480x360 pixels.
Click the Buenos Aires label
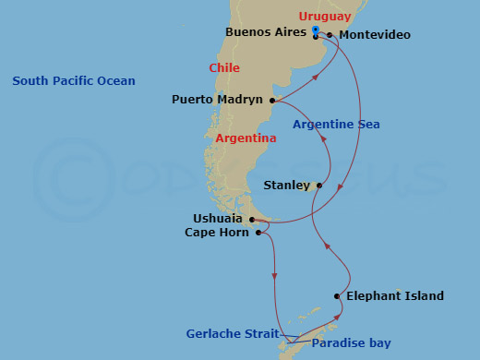click(x=267, y=32)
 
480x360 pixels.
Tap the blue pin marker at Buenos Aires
click(x=316, y=32)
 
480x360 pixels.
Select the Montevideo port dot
click(x=330, y=36)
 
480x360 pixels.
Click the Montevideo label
click(x=375, y=36)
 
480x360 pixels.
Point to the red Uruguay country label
click(x=325, y=17)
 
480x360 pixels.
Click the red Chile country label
click(x=224, y=68)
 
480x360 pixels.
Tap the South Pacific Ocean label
click(x=74, y=81)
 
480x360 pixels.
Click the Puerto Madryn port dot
click(x=272, y=100)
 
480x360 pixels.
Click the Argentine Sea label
click(x=336, y=125)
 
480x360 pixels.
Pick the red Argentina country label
click(x=246, y=138)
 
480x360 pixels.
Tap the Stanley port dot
click(x=319, y=186)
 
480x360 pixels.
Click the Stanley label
click(x=287, y=186)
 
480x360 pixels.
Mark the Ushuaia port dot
click(x=252, y=220)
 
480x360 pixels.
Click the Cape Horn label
click(x=217, y=234)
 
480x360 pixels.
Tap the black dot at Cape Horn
click(x=258, y=234)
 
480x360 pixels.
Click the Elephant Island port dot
click(x=337, y=296)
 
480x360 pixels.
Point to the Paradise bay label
click(x=351, y=344)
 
